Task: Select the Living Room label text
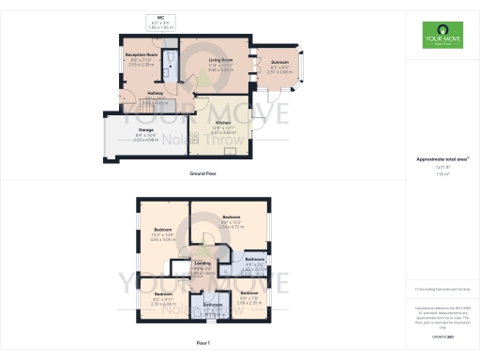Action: point(220,59)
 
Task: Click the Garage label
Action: point(145,130)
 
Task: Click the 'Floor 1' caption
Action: point(202,343)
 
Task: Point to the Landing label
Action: point(202,263)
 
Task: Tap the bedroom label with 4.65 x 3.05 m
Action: point(162,233)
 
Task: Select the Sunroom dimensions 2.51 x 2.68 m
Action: point(278,70)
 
